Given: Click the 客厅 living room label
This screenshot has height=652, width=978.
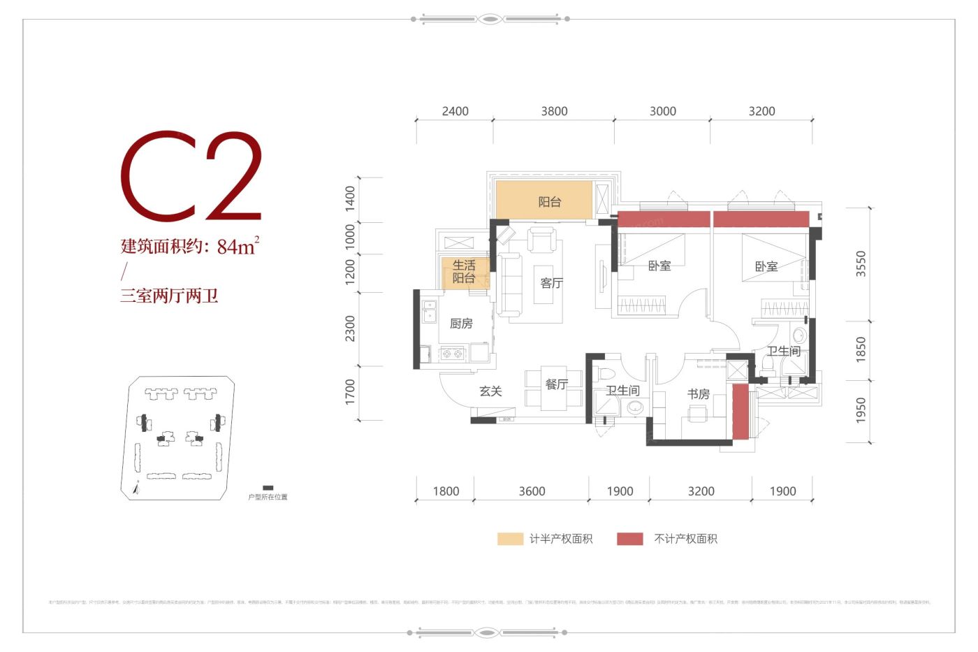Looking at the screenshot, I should [x=551, y=283].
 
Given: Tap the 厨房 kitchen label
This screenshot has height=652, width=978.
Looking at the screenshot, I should [x=461, y=324].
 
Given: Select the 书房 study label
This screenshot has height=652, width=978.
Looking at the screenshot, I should [x=698, y=394].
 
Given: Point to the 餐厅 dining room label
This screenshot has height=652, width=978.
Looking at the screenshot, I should [x=556, y=384].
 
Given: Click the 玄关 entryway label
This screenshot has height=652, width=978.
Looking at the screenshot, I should [x=490, y=391].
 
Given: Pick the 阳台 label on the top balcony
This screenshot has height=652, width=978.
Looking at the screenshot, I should [x=549, y=202].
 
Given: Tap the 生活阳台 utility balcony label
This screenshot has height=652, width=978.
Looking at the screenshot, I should [x=464, y=272].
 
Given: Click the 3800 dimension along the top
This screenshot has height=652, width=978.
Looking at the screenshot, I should [x=554, y=111].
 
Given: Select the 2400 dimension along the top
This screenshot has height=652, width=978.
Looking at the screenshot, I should [x=455, y=111].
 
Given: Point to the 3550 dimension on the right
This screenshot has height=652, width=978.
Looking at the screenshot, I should [x=861, y=263].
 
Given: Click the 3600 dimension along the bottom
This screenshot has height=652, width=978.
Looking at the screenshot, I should [x=532, y=491].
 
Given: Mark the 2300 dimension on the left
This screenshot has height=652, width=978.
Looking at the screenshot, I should [x=350, y=328].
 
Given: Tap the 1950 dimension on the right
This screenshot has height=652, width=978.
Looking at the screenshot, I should [x=861, y=410].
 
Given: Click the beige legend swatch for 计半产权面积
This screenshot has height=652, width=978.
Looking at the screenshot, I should [x=510, y=539].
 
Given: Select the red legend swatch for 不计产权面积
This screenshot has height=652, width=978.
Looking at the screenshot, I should [x=629, y=539].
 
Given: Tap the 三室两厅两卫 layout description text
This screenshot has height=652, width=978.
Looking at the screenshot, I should [x=169, y=296].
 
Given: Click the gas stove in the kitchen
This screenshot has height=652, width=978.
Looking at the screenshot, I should [x=452, y=354].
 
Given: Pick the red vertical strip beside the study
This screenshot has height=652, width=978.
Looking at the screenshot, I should [x=740, y=412].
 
